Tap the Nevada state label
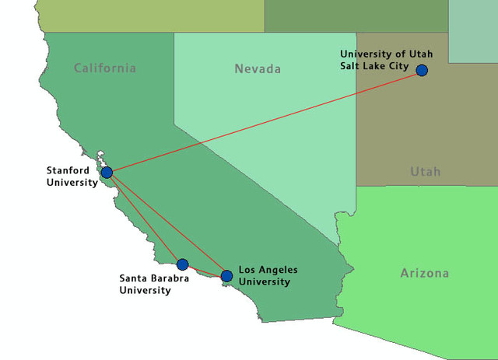click(257, 69)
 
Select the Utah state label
click(426, 171)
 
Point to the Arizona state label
click(424, 273)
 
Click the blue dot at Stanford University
click(107, 172)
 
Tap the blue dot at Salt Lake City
click(422, 70)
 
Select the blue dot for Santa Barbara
click(183, 264)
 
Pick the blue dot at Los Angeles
click(226, 276)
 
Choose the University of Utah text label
click(386, 54)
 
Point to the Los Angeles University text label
click(267, 275)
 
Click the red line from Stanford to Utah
click(265, 121)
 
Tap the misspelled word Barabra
click(169, 278)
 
